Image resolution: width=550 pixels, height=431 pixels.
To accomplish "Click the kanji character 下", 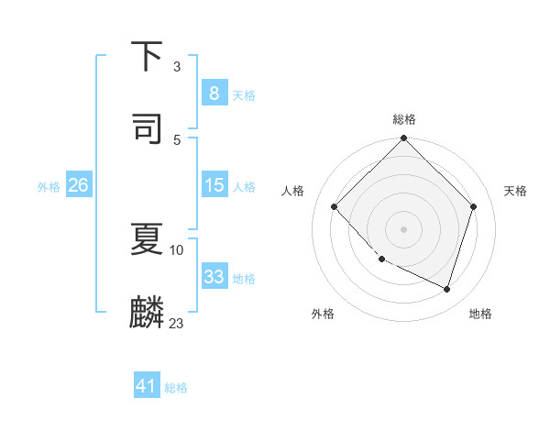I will [148, 57].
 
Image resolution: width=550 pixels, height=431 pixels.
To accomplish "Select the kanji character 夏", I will [148, 240].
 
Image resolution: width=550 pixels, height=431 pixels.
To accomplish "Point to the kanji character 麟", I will [148, 312].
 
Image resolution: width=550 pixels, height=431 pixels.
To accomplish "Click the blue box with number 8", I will [214, 93].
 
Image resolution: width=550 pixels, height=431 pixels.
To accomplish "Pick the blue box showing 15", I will [214, 185].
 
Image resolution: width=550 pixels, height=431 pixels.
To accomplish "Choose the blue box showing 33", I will [214, 276].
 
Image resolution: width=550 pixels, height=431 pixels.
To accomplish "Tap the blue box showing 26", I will [78, 185].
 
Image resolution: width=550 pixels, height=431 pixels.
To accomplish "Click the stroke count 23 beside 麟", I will [177, 323].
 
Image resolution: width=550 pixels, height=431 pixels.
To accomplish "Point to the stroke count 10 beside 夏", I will [177, 249].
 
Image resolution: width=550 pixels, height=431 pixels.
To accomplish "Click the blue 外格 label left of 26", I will [49, 186].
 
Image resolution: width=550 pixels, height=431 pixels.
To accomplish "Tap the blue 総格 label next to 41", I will [176, 388].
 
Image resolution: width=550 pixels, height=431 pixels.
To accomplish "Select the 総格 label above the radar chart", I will [404, 119].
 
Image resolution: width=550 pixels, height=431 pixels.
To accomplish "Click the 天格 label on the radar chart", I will [515, 191].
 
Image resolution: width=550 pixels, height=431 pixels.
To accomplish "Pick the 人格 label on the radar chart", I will [293, 191].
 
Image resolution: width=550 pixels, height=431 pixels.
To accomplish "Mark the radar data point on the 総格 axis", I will [403, 139].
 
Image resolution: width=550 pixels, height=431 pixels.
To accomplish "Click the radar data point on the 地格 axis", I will [447, 289].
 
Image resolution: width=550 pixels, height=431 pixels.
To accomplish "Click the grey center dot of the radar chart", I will [403, 229].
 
